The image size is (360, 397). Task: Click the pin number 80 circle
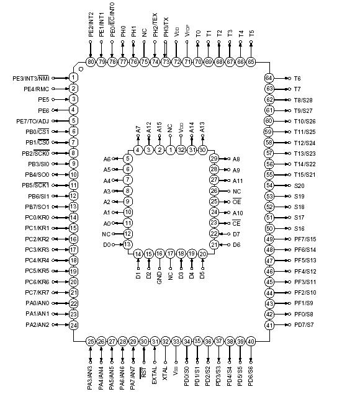[x=91, y=61]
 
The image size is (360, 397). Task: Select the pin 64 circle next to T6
[x=269, y=78]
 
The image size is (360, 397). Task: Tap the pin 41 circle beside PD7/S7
[x=269, y=324]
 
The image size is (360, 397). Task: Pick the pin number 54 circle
[x=269, y=185]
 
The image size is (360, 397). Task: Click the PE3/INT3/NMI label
[x=31, y=78]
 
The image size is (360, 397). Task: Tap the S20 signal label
[x=299, y=185]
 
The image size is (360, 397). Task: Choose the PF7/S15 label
[x=305, y=239]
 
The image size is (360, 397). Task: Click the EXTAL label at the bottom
[x=155, y=369]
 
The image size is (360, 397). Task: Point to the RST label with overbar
[x=144, y=372]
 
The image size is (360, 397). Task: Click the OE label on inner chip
[x=236, y=202]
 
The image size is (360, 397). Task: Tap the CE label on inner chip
[x=236, y=223]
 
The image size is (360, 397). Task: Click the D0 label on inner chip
[x=107, y=244]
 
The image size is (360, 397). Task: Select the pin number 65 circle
[x=251, y=61]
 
